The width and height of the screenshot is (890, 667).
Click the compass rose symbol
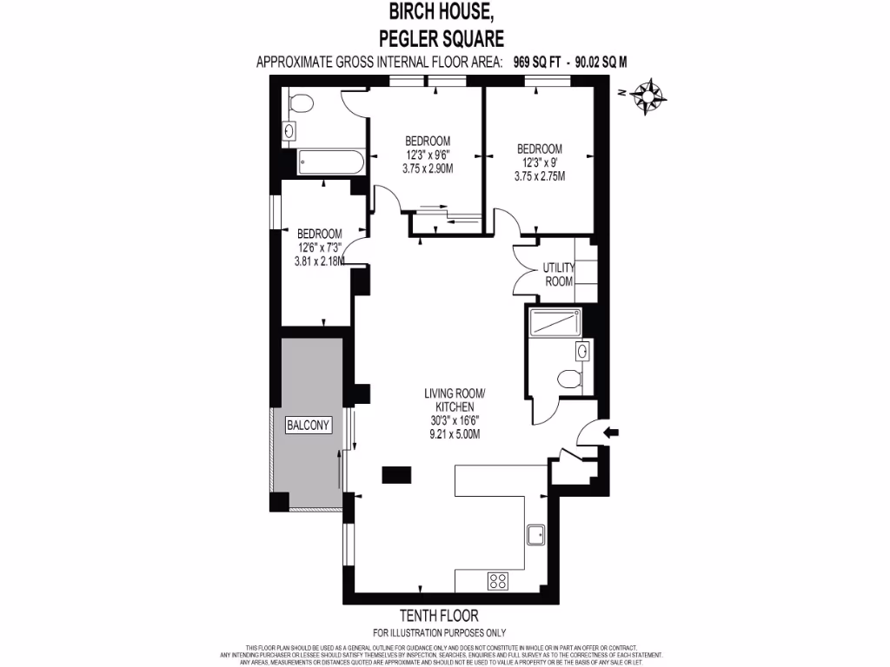click(x=647, y=95)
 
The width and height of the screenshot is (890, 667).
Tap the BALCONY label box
click(x=309, y=426)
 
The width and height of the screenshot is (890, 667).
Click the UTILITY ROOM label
click(x=559, y=274)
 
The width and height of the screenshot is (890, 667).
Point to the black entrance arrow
click(x=612, y=431)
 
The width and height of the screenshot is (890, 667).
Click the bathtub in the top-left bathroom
click(x=329, y=162)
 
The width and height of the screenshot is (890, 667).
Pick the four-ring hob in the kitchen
click(x=499, y=580)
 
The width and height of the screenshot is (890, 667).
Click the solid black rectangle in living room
click(x=396, y=473)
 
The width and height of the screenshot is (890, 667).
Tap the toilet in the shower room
click(x=568, y=378)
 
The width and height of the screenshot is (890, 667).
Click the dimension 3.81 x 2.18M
click(x=319, y=261)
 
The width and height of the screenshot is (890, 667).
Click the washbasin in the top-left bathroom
click(x=289, y=131)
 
